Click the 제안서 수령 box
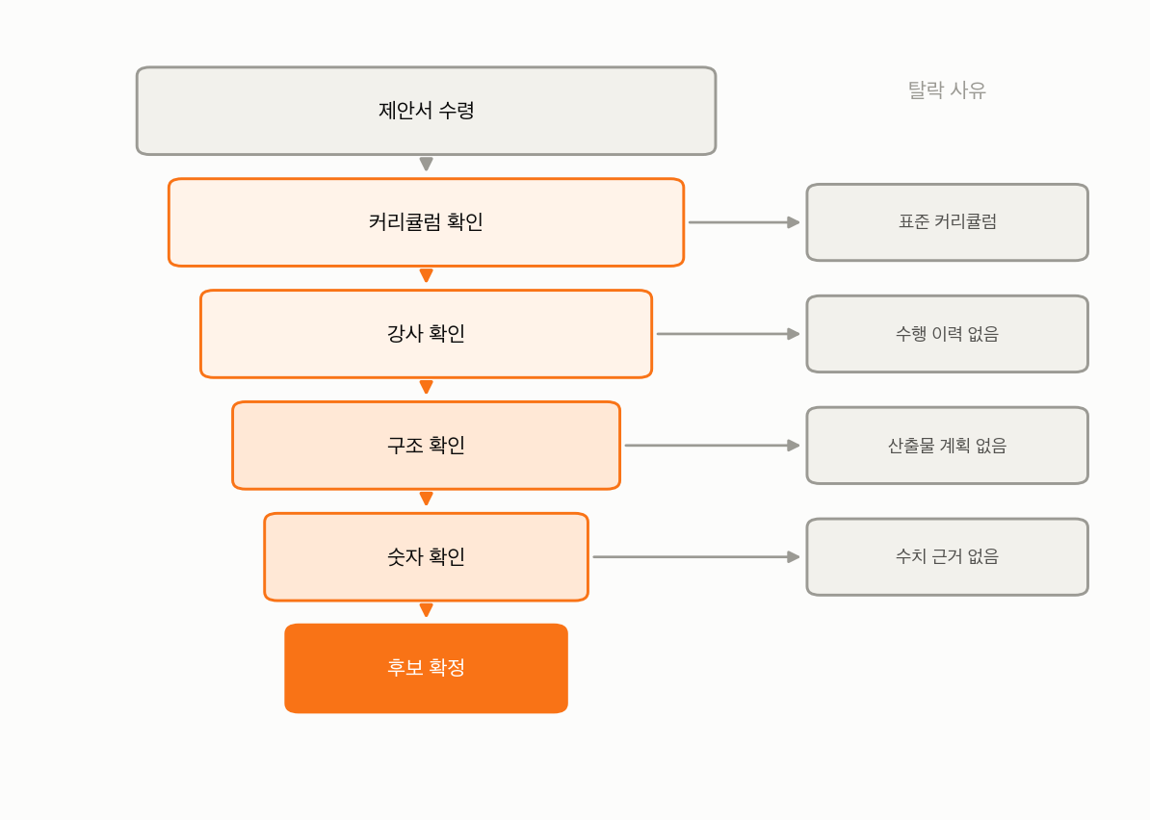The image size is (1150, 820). [x=426, y=111]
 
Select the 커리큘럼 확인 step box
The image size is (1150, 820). [x=426, y=222]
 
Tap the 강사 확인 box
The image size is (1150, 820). [x=426, y=334]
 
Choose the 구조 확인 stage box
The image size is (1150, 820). [x=426, y=446]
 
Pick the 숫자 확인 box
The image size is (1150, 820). [x=426, y=557]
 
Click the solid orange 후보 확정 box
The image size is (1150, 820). [x=426, y=668]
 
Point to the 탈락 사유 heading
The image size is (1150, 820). [x=947, y=90]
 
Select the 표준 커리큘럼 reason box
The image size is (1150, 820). [x=947, y=222]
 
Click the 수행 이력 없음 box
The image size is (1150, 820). [x=947, y=334]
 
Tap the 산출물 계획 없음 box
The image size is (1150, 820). [x=947, y=446]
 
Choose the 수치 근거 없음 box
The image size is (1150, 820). [x=947, y=557]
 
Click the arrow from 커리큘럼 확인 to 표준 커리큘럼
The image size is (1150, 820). [x=744, y=222]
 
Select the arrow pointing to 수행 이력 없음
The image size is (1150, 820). [x=728, y=334]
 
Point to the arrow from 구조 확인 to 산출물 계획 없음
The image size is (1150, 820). [x=712, y=446]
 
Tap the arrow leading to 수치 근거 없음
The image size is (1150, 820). [x=696, y=557]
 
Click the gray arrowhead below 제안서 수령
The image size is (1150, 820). [x=426, y=164]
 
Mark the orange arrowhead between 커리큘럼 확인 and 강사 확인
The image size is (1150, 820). [x=426, y=275]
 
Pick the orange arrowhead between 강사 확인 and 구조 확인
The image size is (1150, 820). [x=426, y=386]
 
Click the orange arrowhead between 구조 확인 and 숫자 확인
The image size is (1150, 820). [x=426, y=499]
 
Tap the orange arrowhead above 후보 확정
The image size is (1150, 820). [x=426, y=609]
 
